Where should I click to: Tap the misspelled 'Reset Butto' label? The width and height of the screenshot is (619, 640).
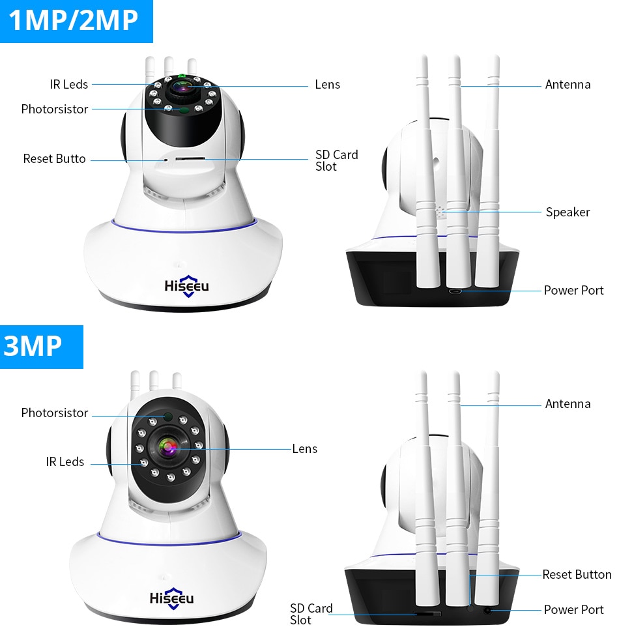point(54,158)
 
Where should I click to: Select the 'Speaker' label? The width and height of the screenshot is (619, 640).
point(568,212)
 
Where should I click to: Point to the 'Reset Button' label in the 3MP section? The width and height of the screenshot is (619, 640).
point(577,574)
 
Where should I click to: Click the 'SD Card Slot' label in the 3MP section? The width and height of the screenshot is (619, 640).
point(311,614)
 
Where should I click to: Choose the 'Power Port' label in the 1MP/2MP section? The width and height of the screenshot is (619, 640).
point(573,290)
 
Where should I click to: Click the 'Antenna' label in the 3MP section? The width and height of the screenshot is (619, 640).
point(568,403)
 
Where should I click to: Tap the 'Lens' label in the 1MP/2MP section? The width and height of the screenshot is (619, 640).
point(327,84)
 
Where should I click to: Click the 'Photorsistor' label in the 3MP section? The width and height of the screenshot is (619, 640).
point(54,413)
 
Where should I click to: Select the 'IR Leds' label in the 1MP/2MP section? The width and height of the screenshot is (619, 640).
point(68,84)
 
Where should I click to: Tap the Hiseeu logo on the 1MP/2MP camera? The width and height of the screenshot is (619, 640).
point(186,286)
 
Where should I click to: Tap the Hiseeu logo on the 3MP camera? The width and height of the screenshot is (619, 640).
point(171,598)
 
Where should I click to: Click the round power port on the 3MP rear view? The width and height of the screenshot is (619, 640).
point(487,610)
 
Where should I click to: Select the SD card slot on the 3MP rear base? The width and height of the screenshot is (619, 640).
point(427,613)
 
